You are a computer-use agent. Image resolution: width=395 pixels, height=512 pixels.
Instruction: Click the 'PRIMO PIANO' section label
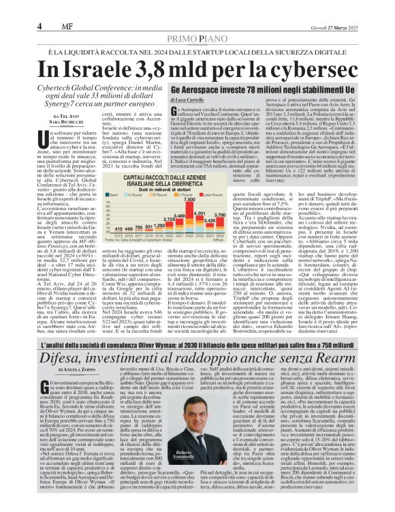(x=198, y=21)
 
